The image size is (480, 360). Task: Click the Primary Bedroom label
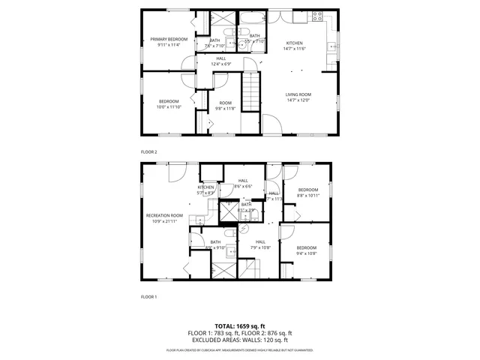[168, 39]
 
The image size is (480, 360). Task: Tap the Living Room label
[298, 94]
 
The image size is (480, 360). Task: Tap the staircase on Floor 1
[249, 268]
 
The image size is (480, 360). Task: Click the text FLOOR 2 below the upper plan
[148, 152]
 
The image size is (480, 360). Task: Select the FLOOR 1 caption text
[148, 297]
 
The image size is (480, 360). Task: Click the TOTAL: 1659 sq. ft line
[240, 326]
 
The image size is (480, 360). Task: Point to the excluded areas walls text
[240, 340]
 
